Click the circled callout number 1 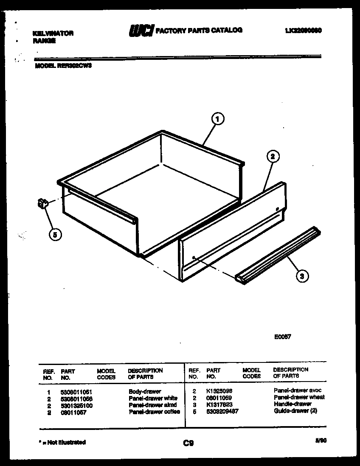[x=217, y=120]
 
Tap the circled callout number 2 [x=273, y=157]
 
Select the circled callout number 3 [x=301, y=276]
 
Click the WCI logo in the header [x=141, y=31]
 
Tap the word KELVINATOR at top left [x=53, y=34]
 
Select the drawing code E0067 [x=282, y=337]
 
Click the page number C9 [x=188, y=444]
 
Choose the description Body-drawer [x=145, y=392]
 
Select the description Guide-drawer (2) [x=295, y=410]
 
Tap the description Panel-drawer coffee [x=154, y=411]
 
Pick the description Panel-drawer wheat [x=299, y=397]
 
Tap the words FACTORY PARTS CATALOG [x=199, y=30]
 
